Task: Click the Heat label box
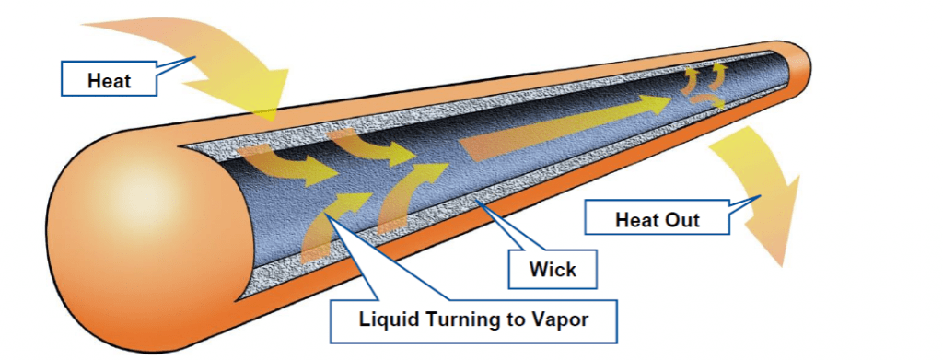[x=109, y=80]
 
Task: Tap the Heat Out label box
[x=657, y=219]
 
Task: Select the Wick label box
[x=553, y=269]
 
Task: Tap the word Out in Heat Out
[x=682, y=219]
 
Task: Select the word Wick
[x=553, y=269]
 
